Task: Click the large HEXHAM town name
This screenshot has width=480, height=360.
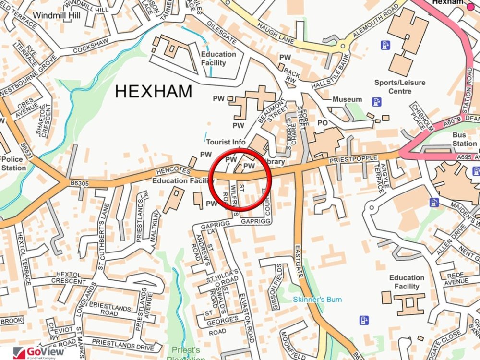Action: (153, 91)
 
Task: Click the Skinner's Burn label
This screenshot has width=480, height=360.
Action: (317, 300)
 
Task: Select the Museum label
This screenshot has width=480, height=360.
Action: (348, 99)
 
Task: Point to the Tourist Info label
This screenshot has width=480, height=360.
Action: (226, 142)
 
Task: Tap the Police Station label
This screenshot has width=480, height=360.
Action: (13, 164)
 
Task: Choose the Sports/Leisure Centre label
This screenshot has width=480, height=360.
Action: (400, 87)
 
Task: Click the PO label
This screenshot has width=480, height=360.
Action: (323, 123)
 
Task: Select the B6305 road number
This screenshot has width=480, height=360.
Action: (81, 182)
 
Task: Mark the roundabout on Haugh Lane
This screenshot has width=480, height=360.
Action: (343, 47)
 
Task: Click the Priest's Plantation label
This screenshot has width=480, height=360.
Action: (186, 354)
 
